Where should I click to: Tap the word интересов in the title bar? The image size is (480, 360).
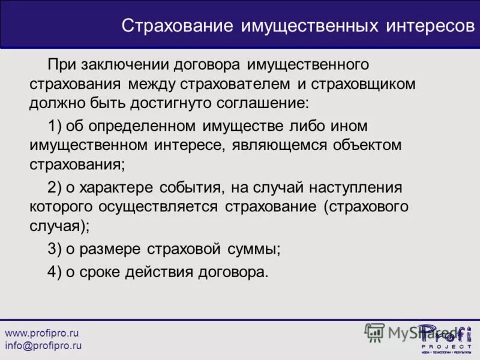(x=428, y=26)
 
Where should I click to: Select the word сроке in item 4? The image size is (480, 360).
(x=98, y=271)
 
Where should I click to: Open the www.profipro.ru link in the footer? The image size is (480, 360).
(x=42, y=333)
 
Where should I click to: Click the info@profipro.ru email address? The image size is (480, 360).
(x=43, y=346)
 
